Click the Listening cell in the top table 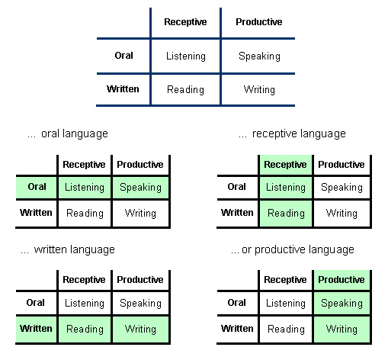click(x=185, y=56)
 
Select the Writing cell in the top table click(x=259, y=89)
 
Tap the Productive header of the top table click(x=258, y=22)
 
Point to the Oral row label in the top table click(x=123, y=55)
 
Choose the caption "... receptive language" click(x=292, y=133)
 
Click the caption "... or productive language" click(x=293, y=249)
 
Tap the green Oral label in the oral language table click(x=36, y=187)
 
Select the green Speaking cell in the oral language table click(x=140, y=187)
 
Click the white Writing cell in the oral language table click(x=140, y=213)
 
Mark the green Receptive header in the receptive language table click(x=285, y=164)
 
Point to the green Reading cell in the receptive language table click(x=286, y=213)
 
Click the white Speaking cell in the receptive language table click(x=342, y=187)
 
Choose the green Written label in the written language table click(x=36, y=329)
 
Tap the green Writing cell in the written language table click(x=140, y=329)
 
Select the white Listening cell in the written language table click(x=84, y=303)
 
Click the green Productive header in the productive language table click(x=342, y=280)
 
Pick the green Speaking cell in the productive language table click(x=342, y=303)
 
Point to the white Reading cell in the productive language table click(x=286, y=329)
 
